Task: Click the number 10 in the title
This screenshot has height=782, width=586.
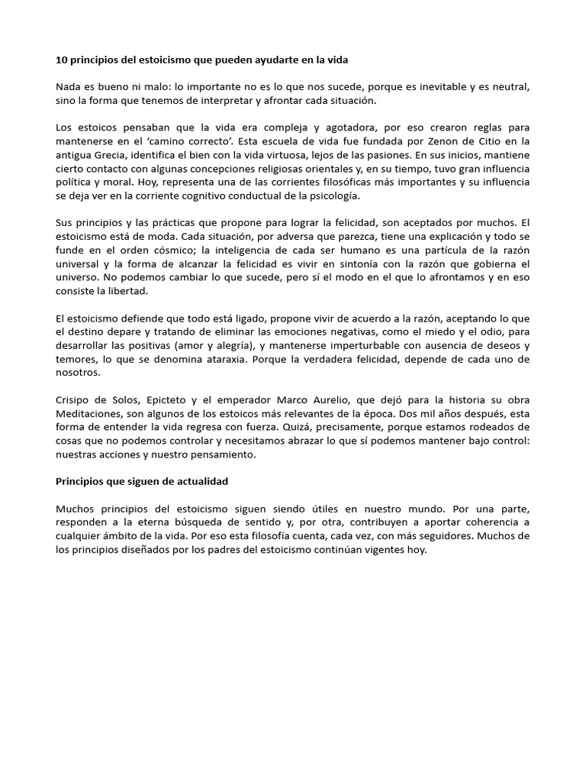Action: click(63, 60)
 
